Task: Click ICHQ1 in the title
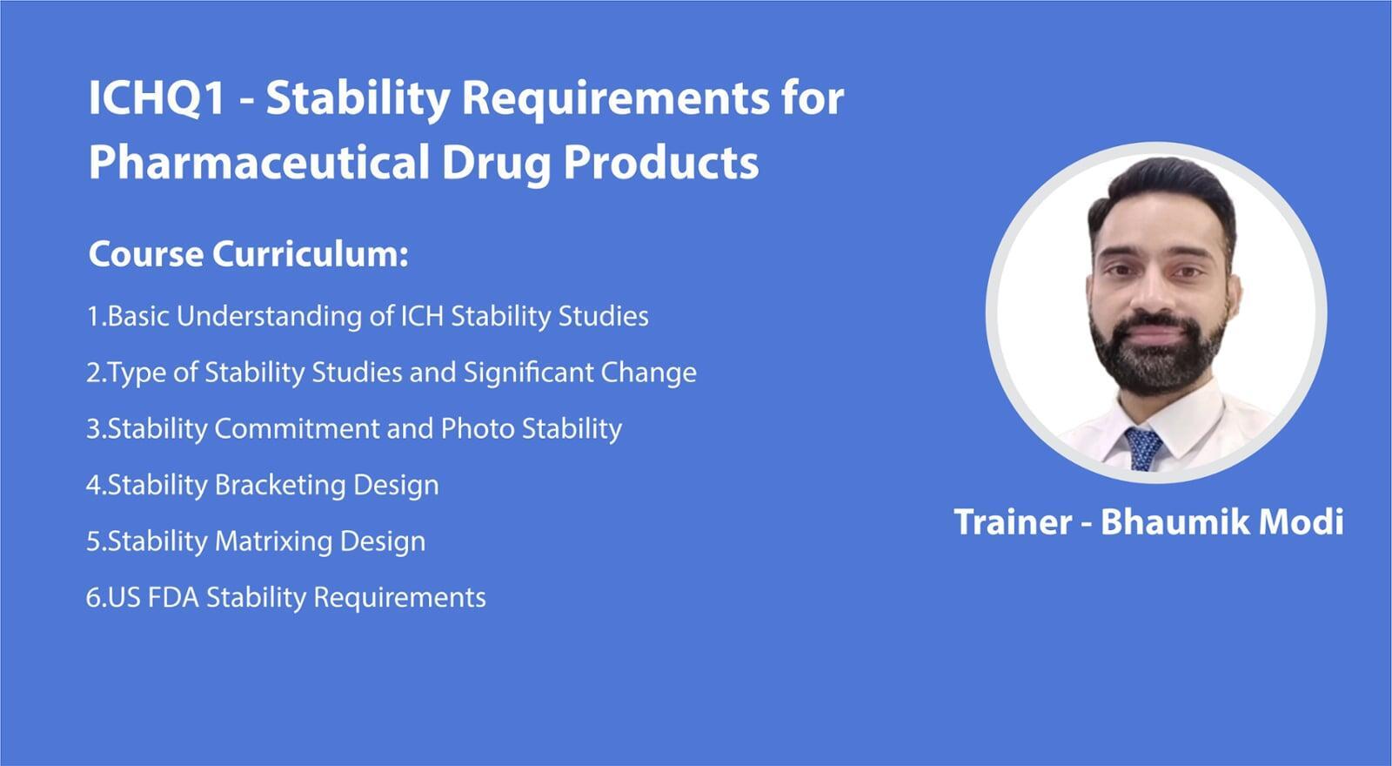point(156,98)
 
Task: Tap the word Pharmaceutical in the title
point(259,162)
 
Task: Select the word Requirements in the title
point(616,101)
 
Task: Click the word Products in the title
point(661,162)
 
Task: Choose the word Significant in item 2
point(528,373)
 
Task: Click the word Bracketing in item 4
point(279,486)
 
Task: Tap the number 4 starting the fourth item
point(93,486)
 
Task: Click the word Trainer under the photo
point(1013,521)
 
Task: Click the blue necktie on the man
point(1143,447)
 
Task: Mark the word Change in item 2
point(648,373)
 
